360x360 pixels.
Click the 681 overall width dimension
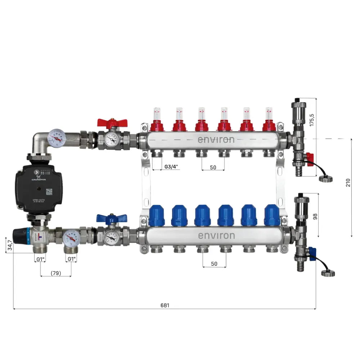(165, 305)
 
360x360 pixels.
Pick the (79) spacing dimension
(55, 273)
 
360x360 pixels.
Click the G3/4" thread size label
(170, 167)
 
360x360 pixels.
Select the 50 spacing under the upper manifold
(213, 167)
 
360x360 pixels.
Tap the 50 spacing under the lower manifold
(214, 264)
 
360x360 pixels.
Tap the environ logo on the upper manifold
(216, 139)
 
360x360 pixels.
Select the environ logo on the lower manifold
(216, 236)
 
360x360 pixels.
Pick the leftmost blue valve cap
(157, 215)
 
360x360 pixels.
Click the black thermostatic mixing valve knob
(21, 236)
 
